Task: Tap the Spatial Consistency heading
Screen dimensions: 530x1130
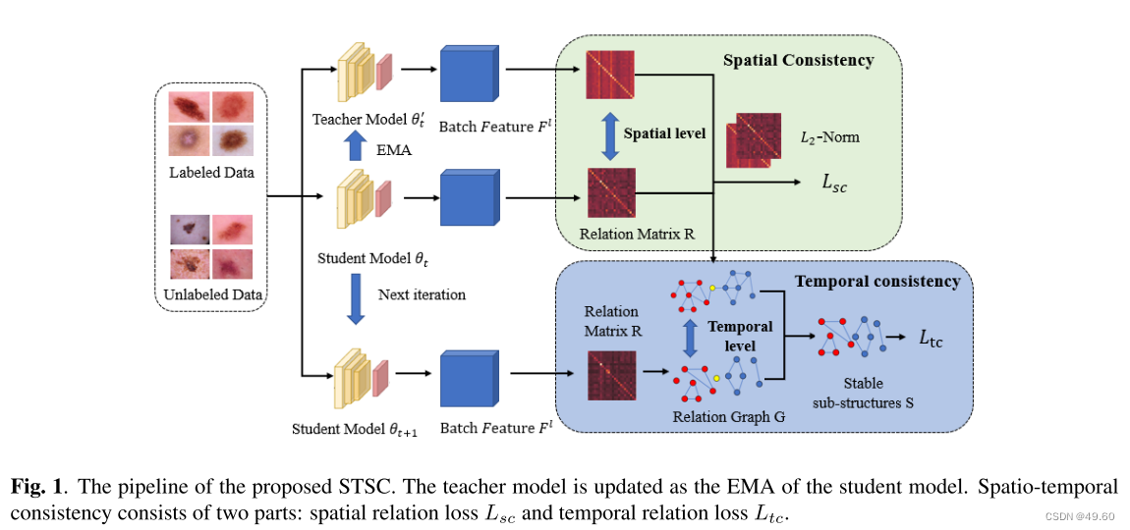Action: tap(798, 61)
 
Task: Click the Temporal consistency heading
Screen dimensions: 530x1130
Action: tap(876, 282)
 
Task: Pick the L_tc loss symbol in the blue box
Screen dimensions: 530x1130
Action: tap(930, 339)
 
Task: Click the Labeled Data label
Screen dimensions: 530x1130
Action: tap(210, 173)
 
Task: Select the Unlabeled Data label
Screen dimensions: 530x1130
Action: tap(211, 293)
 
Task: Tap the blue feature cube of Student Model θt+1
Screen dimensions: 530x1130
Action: tap(468, 377)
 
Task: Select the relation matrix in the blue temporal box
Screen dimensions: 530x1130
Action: tap(611, 376)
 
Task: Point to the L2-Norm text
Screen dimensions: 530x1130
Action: tap(829, 136)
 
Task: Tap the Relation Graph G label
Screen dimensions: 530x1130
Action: tap(728, 416)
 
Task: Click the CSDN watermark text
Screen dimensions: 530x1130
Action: tap(1078, 516)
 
